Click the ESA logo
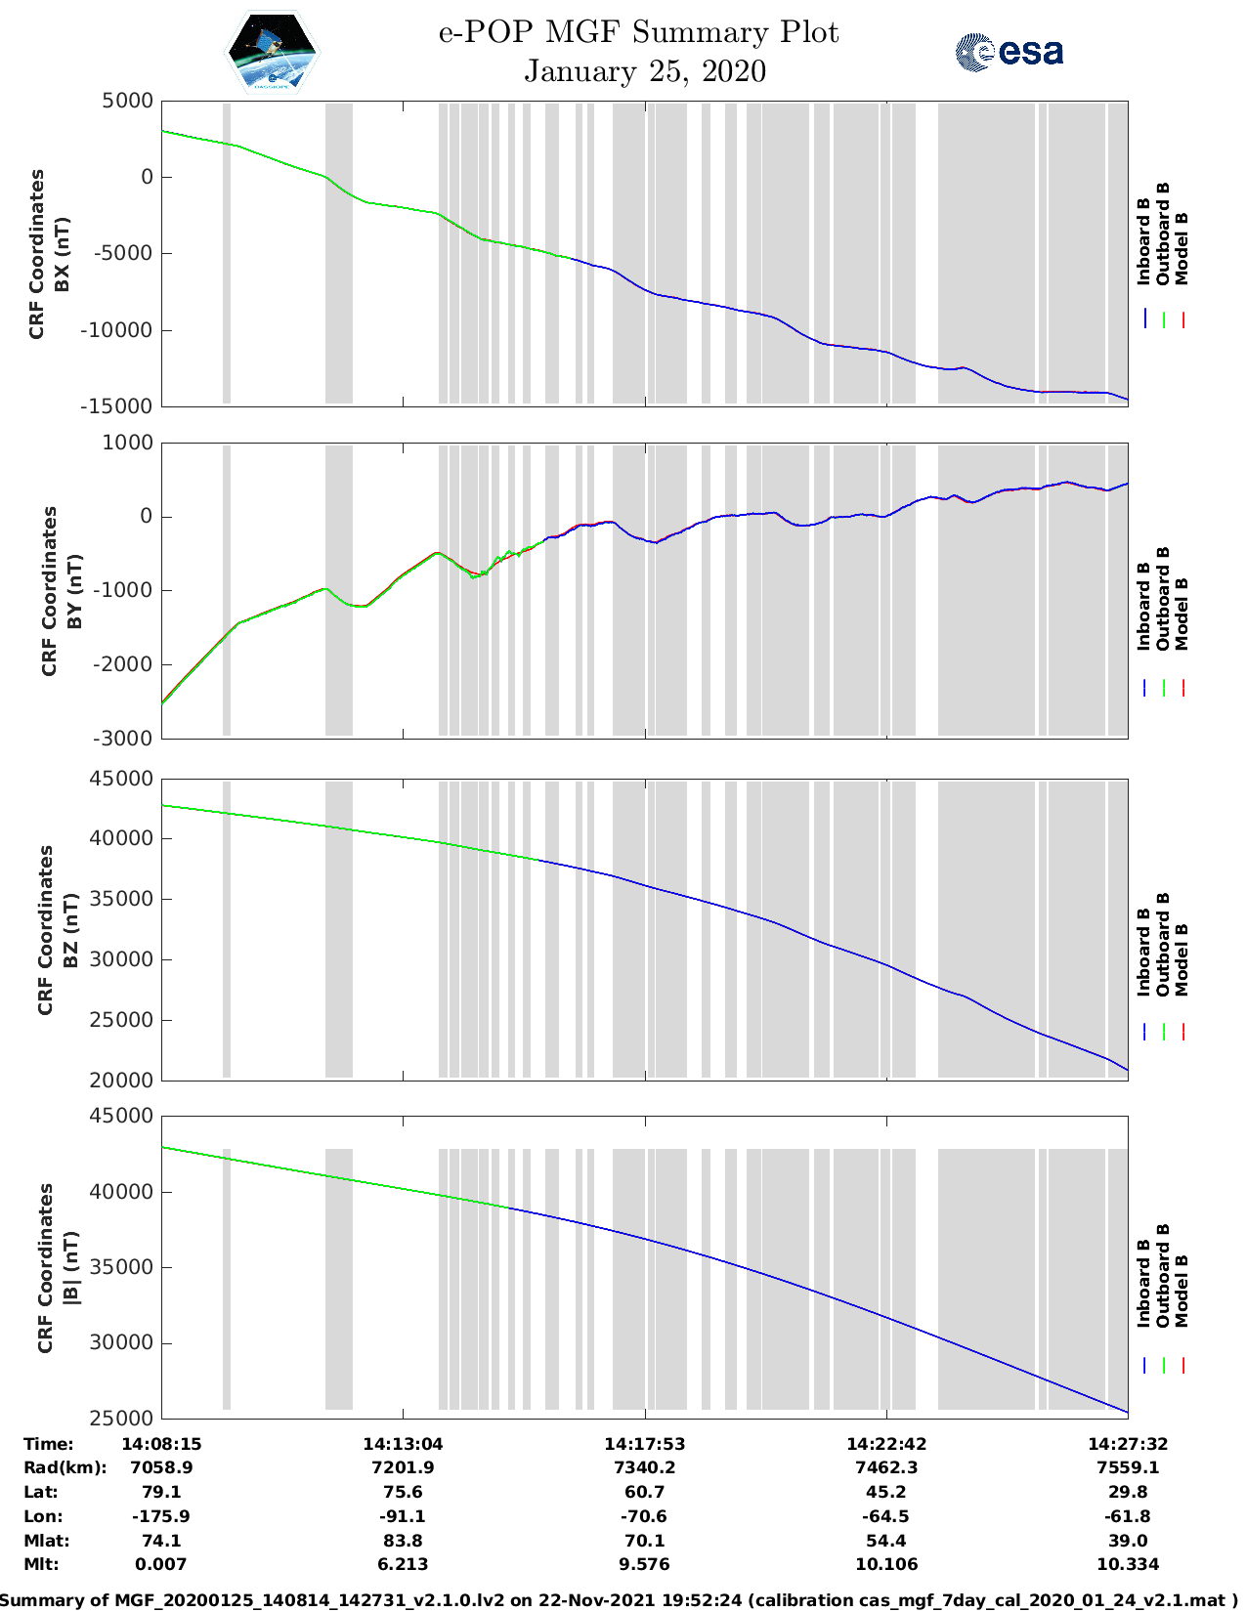pyautogui.click(x=1009, y=51)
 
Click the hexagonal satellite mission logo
pyautogui.click(x=272, y=52)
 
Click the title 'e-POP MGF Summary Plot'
pyautogui.click(x=638, y=32)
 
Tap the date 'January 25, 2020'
pyautogui.click(x=645, y=71)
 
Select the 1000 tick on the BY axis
pyautogui.click(x=128, y=443)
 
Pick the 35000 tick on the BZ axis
pyautogui.click(x=121, y=899)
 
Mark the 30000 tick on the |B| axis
pyautogui.click(x=121, y=1342)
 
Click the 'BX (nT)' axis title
pyautogui.click(x=63, y=254)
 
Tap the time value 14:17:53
pyautogui.click(x=644, y=1444)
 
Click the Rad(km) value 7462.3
pyautogui.click(x=885, y=1467)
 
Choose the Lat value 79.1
pyautogui.click(x=161, y=1492)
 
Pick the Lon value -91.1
pyautogui.click(x=403, y=1516)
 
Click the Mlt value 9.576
pyautogui.click(x=644, y=1564)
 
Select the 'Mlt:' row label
pyautogui.click(x=42, y=1564)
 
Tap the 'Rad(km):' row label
pyautogui.click(x=65, y=1467)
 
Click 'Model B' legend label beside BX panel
pyautogui.click(x=1182, y=248)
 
